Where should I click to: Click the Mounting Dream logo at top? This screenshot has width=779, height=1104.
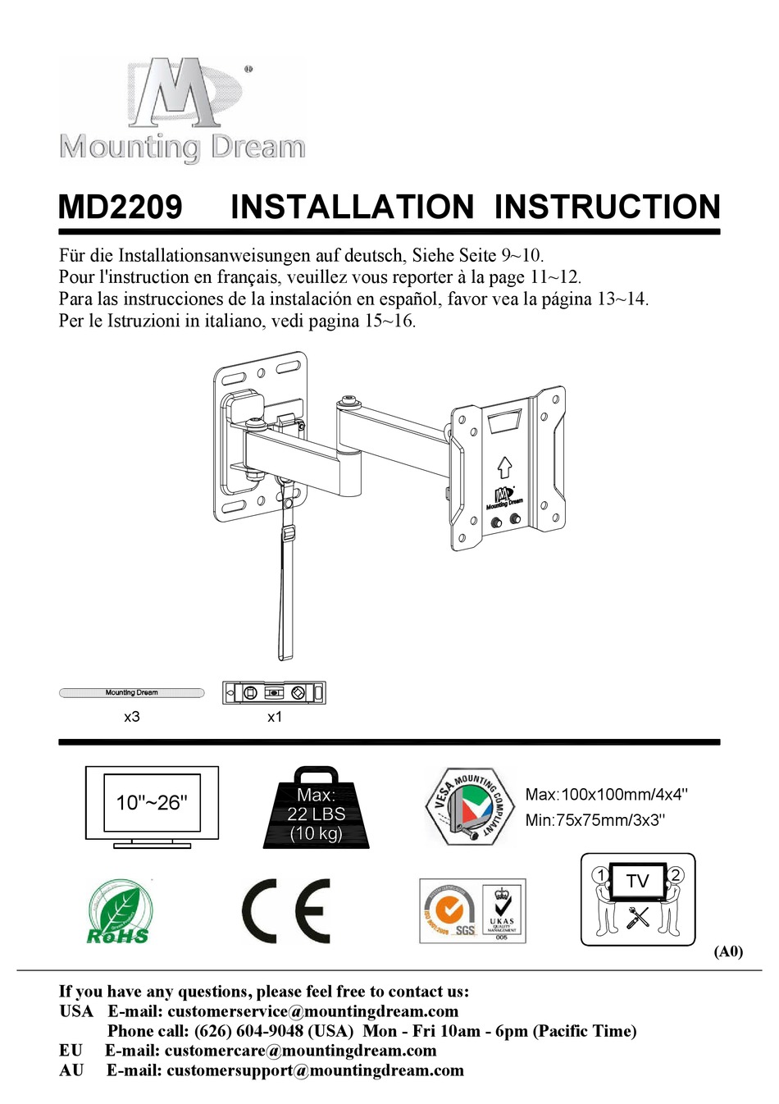point(182,110)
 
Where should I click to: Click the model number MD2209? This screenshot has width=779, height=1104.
point(121,207)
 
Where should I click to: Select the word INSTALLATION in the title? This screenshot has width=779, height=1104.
point(352,207)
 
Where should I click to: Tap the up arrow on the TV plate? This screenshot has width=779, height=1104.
point(504,468)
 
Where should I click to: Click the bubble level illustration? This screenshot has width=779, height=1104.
point(274,693)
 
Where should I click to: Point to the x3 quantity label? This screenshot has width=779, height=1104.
point(132,717)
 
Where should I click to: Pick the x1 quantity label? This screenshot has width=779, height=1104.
point(275,717)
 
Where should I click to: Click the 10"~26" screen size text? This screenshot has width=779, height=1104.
point(152,802)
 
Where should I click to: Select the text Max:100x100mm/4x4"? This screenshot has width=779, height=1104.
point(606,794)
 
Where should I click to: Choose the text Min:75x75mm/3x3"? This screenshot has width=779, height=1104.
point(594,820)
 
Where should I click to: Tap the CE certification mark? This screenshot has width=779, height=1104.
point(286,910)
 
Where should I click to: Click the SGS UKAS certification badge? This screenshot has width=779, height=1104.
point(472,911)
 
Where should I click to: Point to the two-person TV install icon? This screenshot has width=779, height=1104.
point(638,899)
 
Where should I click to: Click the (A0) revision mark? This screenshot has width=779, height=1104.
point(728,951)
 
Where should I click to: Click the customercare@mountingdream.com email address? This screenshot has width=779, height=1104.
point(300,1051)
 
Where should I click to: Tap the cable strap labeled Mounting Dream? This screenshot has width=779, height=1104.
point(131,693)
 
